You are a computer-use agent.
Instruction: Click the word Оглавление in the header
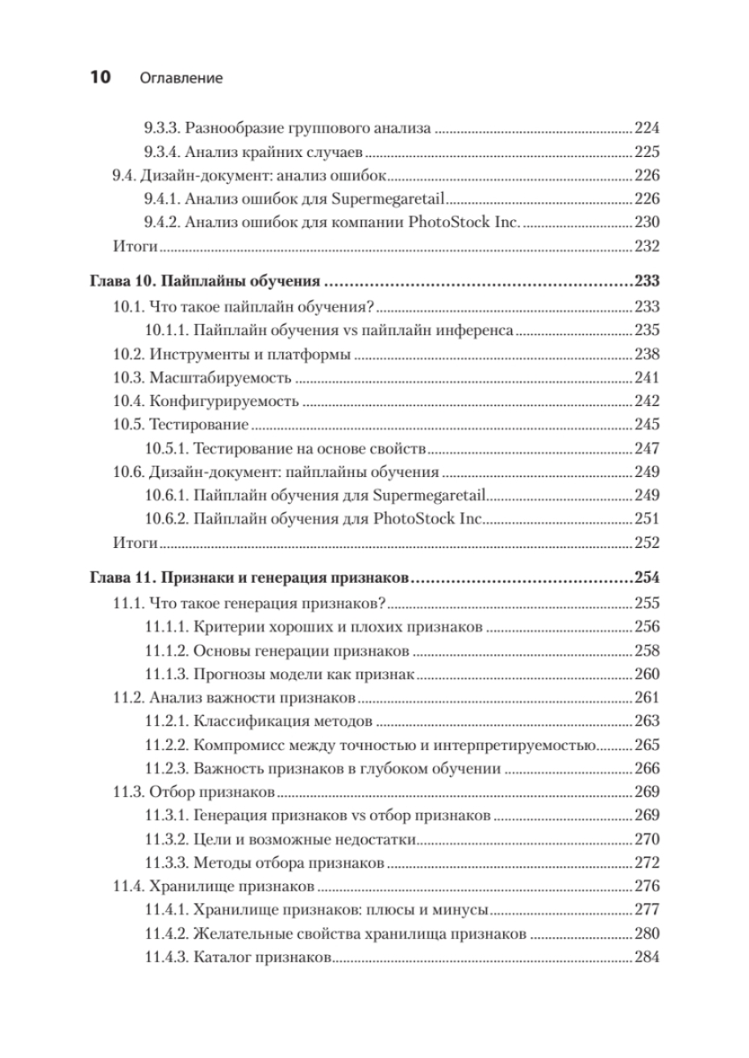tap(181, 79)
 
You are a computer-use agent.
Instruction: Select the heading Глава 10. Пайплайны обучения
tap(205, 281)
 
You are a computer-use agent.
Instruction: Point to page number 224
tap(647, 128)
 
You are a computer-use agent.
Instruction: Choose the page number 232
tap(647, 247)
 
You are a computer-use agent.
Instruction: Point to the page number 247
tap(647, 448)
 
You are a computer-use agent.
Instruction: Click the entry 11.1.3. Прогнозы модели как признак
tap(279, 673)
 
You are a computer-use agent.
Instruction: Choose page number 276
tap(647, 886)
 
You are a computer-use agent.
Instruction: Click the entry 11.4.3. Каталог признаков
tap(238, 957)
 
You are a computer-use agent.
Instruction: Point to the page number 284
tap(647, 957)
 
